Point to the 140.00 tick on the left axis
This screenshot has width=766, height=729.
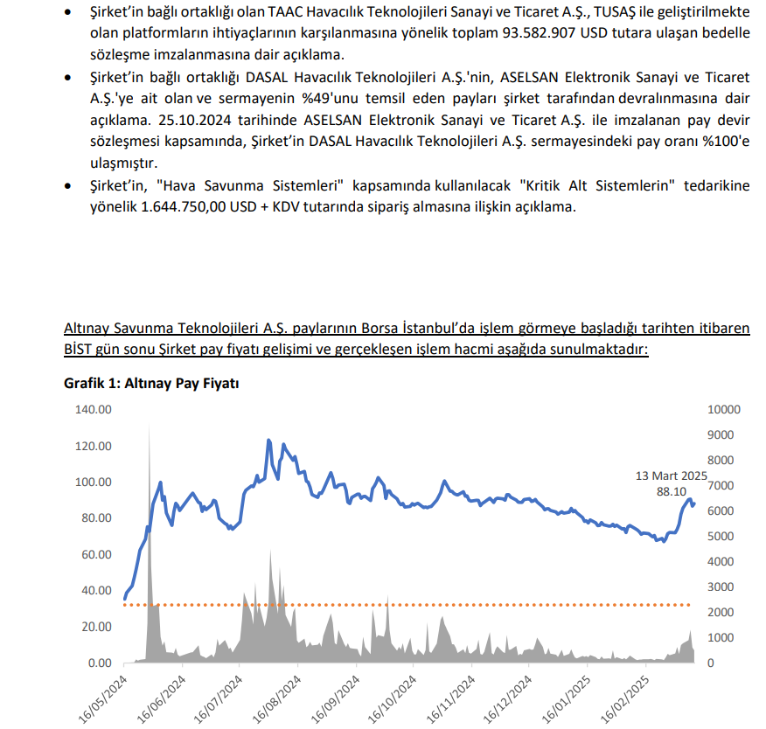[95, 410]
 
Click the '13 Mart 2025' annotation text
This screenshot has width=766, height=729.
[671, 476]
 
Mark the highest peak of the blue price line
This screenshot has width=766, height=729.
[268, 440]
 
